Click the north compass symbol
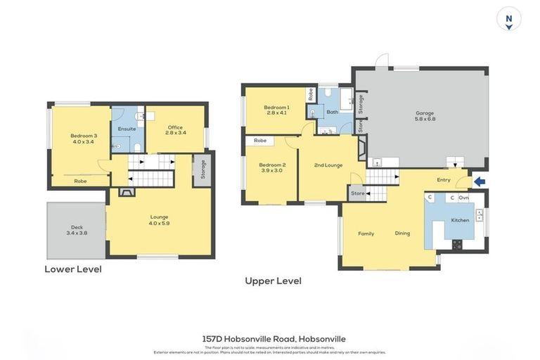click(x=508, y=20)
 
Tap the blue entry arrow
click(x=480, y=182)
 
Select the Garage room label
click(x=425, y=116)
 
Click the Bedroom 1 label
click(x=277, y=109)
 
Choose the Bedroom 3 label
click(x=83, y=139)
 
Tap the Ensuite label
click(x=127, y=129)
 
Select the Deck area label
click(x=77, y=229)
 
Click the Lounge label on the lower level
click(x=160, y=220)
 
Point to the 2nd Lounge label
click(x=328, y=165)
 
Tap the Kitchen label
click(x=460, y=220)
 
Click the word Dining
click(x=402, y=233)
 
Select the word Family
click(x=366, y=233)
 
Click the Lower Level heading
click(x=73, y=269)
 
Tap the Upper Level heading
click(x=273, y=281)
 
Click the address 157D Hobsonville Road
click(x=274, y=338)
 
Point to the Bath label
click(x=333, y=112)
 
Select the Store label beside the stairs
click(x=358, y=193)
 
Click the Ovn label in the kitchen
click(x=463, y=198)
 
